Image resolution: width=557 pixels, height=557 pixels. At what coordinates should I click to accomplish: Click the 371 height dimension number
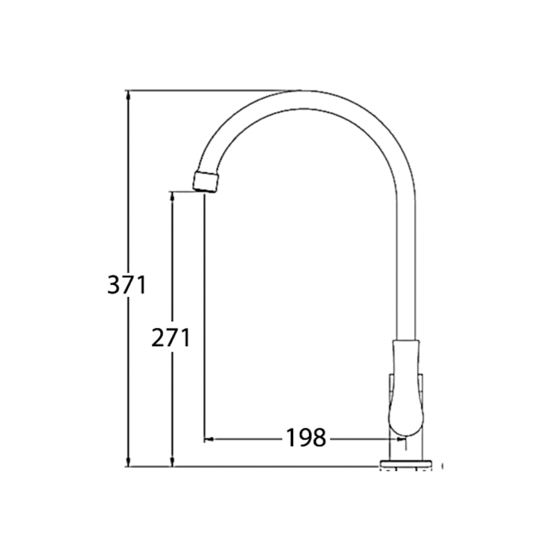tap(127, 285)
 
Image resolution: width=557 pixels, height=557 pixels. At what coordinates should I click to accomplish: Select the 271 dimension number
tap(171, 338)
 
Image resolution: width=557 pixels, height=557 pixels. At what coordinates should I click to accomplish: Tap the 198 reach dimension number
tap(306, 437)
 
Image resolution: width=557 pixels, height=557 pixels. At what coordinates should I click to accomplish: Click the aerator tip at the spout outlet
tap(207, 182)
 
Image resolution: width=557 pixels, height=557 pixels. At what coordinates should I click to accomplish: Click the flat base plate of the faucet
tap(407, 463)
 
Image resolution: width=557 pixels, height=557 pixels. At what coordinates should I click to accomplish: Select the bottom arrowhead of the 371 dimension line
tap(128, 462)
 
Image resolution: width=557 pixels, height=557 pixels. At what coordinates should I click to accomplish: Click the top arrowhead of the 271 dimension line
tap(173, 196)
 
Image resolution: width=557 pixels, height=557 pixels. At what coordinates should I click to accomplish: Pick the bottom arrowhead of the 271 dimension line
tap(173, 462)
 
